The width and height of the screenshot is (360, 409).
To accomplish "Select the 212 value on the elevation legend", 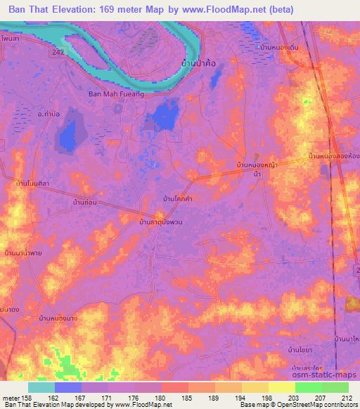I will click(x=348, y=396).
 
